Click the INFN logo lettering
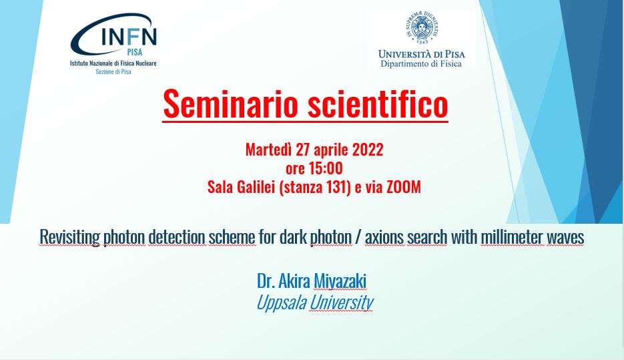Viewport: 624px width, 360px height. [x=129, y=37]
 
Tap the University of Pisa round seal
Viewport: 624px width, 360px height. [x=422, y=27]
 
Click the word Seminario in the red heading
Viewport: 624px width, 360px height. [x=231, y=104]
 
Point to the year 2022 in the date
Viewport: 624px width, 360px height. [x=368, y=150]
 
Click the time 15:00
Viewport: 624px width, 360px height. [x=326, y=168]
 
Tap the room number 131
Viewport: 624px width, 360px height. [x=338, y=187]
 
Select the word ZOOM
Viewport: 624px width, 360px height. [x=404, y=187]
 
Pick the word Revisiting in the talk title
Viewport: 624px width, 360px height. [x=69, y=237]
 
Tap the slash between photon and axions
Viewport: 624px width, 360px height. [x=358, y=237]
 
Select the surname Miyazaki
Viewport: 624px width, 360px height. [x=340, y=281]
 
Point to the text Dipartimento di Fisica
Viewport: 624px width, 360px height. [x=421, y=63]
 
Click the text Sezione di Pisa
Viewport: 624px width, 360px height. [x=113, y=71]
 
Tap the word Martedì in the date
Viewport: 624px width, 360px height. [x=269, y=150]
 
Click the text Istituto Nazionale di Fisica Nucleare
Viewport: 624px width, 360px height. [x=113, y=63]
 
